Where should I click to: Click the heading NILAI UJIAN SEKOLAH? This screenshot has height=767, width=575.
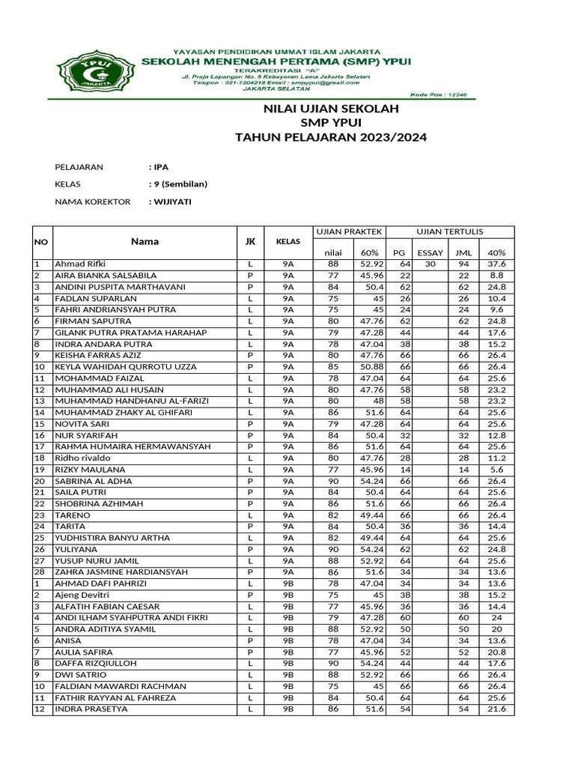coord(329,109)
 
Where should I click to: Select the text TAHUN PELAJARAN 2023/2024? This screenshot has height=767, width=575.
coord(332,137)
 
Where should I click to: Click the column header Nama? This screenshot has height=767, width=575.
coord(144,242)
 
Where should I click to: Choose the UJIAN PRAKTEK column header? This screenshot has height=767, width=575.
coord(349,231)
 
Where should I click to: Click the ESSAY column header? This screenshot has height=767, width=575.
coord(430,252)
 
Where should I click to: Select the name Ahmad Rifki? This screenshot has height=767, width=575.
coord(80,264)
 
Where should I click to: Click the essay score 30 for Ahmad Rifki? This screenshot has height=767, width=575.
coord(431,264)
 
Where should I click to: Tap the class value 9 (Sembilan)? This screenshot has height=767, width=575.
coord(178,184)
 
